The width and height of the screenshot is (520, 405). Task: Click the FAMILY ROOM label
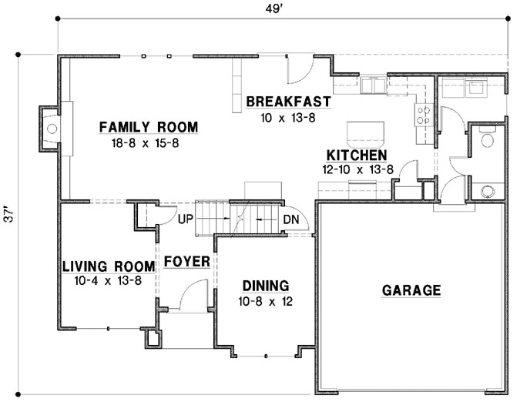[149, 127]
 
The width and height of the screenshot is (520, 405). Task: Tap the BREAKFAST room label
[289, 102]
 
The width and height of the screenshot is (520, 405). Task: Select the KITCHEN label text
[357, 156]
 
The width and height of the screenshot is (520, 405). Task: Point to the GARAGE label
[411, 290]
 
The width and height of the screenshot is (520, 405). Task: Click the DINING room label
[266, 286]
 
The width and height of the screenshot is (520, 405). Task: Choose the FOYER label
[187, 262]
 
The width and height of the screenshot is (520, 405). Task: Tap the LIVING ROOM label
[109, 266]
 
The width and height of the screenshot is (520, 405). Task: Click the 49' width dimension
[273, 9]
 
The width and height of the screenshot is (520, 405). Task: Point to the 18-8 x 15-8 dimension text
[146, 143]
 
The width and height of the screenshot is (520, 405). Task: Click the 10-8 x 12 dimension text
[265, 302]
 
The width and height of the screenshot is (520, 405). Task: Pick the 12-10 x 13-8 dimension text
[357, 169]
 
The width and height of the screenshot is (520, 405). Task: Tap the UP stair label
[185, 219]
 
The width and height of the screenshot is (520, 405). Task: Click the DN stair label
[291, 219]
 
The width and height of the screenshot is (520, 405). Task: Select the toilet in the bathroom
[487, 139]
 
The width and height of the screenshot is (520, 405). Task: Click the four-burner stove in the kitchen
[424, 115]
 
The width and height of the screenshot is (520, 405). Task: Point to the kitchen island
[365, 133]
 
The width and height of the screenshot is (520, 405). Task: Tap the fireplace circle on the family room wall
[52, 129]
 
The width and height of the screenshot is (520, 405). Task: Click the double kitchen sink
[374, 85]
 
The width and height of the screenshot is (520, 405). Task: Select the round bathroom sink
[487, 191]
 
